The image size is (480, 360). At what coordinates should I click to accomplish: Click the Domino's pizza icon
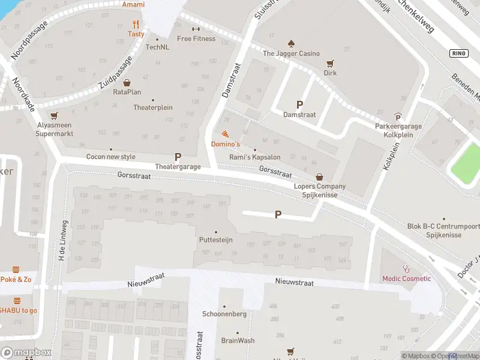click(x=225, y=134)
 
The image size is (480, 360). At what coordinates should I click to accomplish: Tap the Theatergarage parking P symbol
click(x=178, y=156)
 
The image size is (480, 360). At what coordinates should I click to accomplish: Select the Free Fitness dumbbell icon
click(x=196, y=29)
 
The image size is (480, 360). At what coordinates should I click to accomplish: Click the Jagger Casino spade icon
click(x=291, y=43)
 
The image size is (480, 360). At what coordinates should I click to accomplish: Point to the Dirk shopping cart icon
click(x=329, y=63)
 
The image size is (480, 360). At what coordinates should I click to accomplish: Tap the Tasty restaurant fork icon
click(x=136, y=25)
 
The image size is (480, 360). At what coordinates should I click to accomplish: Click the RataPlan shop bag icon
click(x=127, y=83)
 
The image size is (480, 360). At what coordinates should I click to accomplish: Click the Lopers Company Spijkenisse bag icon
click(x=319, y=177)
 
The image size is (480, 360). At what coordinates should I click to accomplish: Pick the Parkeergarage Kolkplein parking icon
click(x=398, y=117)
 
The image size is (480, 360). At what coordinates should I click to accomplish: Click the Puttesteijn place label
click(x=215, y=240)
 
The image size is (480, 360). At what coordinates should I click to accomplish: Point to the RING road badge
click(x=458, y=53)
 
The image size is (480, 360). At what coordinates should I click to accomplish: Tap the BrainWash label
click(x=238, y=340)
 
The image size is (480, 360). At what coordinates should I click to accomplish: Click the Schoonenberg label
click(x=224, y=314)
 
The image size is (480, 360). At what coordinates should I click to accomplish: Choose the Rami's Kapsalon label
click(x=255, y=157)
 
